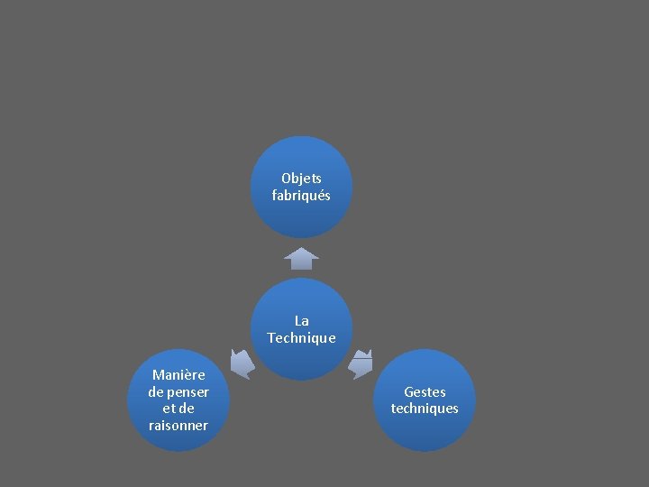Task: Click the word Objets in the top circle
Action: [301, 179]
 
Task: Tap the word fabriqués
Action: [301, 195]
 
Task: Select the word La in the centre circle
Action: [301, 320]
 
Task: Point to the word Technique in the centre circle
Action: [301, 337]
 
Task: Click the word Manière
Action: [178, 374]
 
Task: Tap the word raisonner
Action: [178, 425]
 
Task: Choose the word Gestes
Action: [425, 391]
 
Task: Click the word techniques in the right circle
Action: [425, 409]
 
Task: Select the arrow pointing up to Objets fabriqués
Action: [301, 258]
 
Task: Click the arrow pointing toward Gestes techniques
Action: [361, 363]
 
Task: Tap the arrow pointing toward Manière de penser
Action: [242, 363]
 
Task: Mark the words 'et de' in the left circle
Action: [178, 409]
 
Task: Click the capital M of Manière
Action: [158, 374]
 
